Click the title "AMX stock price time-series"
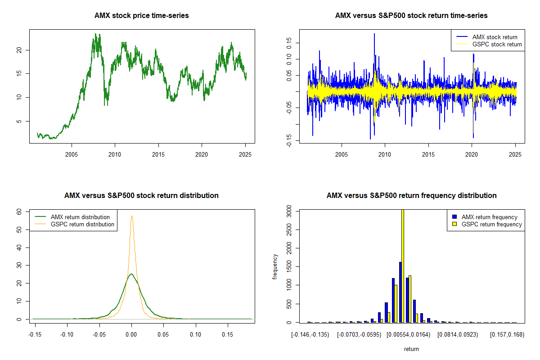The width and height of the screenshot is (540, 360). coord(142,16)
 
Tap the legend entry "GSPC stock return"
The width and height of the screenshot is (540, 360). coord(497,44)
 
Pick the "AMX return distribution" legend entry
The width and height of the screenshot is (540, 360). coord(80,217)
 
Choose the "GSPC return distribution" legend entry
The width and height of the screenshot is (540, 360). coord(82,224)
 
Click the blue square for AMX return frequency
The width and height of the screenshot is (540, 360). coord(454,217)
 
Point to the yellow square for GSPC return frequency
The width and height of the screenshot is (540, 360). coord(454,224)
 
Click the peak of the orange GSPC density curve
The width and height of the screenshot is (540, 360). coord(132,216)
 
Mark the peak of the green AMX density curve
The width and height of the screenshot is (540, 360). coord(131,274)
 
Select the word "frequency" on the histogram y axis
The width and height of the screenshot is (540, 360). coord(275,266)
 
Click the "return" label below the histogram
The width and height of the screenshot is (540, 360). coord(411,349)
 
